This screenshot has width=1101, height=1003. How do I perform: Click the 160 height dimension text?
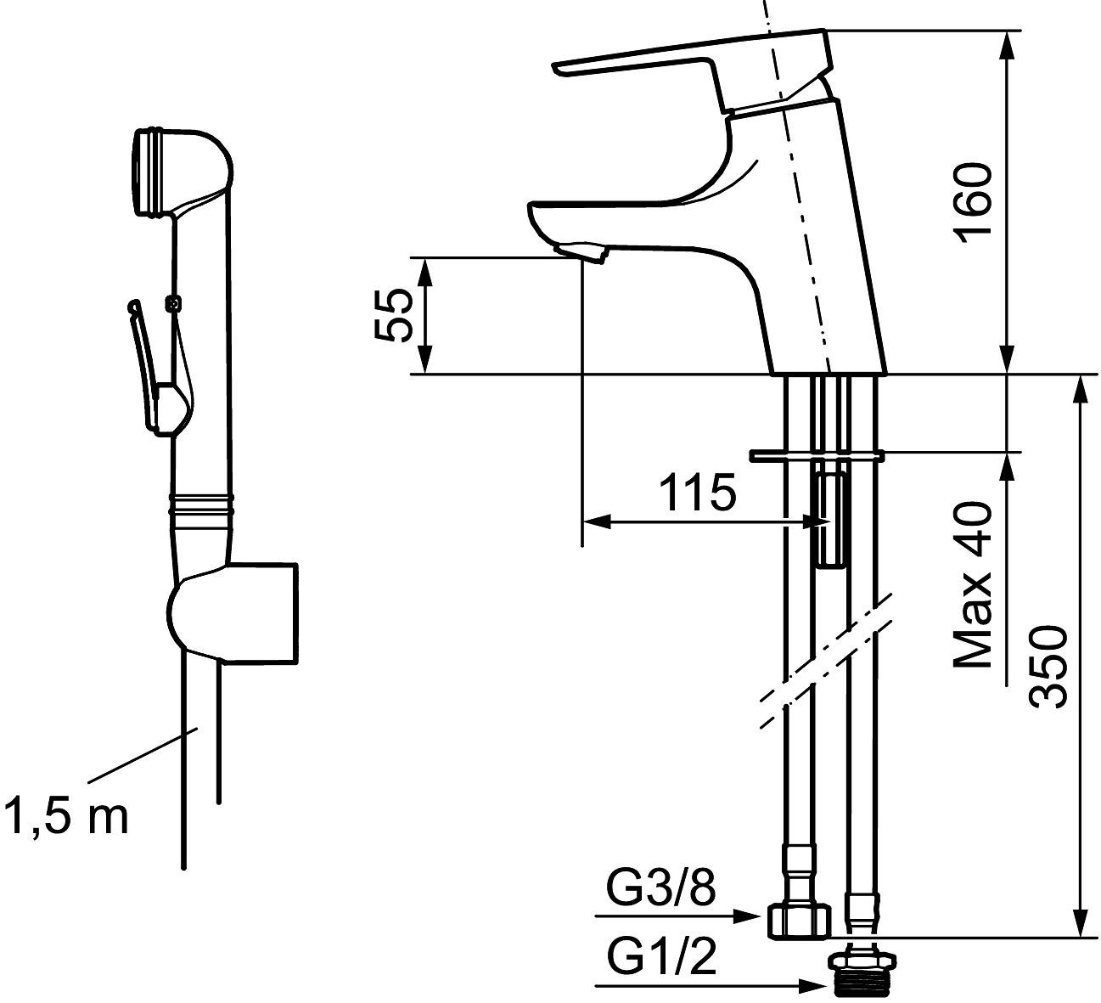pyautogui.click(x=978, y=201)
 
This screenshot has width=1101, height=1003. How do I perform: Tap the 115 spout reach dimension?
pyautogui.click(x=699, y=493)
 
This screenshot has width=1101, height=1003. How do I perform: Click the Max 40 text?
pyautogui.click(x=973, y=584)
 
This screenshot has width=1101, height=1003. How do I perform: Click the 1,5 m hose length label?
pyautogui.click(x=65, y=816)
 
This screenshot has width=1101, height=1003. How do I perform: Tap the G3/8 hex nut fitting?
pyautogui.click(x=797, y=920)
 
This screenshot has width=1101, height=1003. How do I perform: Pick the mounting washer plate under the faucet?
pyautogui.click(x=817, y=456)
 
